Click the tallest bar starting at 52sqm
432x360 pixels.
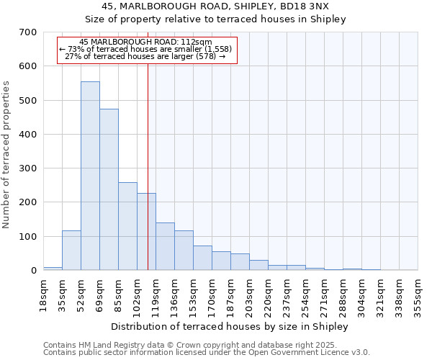click(90, 176)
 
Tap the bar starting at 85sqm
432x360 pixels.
click(127, 227)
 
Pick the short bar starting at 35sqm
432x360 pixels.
click(71, 251)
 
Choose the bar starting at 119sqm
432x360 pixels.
click(165, 247)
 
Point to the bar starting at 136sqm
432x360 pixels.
click(184, 251)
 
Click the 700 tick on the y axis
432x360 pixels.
click(28, 32)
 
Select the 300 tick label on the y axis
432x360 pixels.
click(28, 168)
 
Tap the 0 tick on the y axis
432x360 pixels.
click(33, 271)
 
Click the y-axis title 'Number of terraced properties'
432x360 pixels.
click(6, 155)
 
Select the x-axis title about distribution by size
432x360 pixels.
click(230, 327)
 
